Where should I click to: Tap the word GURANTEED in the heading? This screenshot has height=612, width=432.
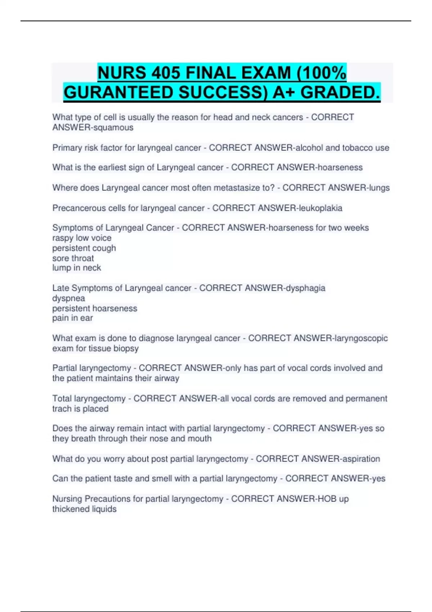coord(118,93)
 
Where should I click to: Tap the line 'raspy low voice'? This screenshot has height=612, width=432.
coord(82,238)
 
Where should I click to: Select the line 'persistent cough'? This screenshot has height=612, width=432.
coord(84,248)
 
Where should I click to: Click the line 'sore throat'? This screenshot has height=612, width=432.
coord(73,258)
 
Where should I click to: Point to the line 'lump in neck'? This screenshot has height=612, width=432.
coord(76,268)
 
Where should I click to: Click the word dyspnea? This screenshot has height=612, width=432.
coord(68,298)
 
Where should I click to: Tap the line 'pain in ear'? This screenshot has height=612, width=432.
coord(72,318)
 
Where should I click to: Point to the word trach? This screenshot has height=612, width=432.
coord(61,409)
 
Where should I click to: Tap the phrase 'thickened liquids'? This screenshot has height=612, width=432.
coord(84,509)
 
